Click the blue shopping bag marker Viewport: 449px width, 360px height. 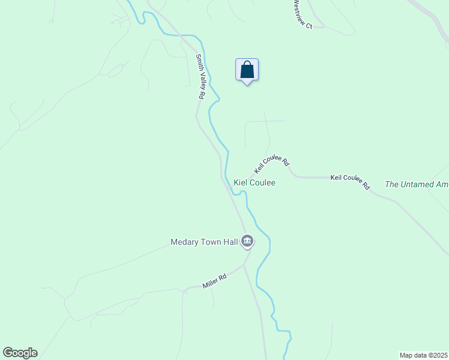(x=247, y=70)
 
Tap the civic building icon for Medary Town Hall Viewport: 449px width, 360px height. (x=247, y=242)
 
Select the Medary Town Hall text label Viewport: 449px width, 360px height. (x=204, y=242)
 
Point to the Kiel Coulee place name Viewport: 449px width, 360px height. (x=254, y=182)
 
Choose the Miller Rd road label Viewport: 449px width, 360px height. (x=214, y=280)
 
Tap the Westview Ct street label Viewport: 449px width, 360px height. (x=303, y=14)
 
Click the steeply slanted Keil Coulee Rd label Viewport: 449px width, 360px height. (x=272, y=160)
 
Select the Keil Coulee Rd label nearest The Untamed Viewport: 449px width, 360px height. (x=350, y=181)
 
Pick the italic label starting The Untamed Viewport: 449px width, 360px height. (x=417, y=185)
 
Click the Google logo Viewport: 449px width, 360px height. (x=20, y=353)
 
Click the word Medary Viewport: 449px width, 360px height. (x=184, y=242)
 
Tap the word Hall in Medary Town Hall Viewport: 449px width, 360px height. (x=231, y=242)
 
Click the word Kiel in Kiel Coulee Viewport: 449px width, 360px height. (x=240, y=182)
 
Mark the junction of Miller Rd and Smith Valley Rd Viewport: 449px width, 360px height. (x=244, y=265)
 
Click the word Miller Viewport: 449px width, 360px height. (x=211, y=282)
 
